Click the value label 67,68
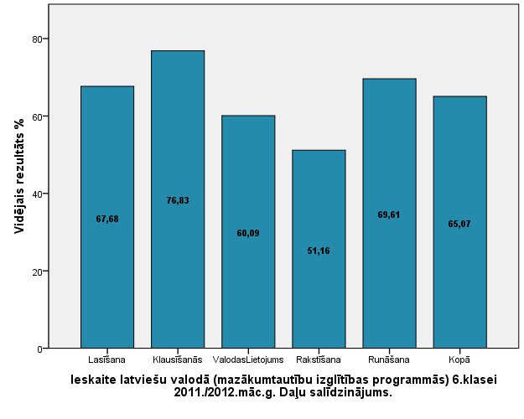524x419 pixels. pos(107,219)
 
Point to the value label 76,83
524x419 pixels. pos(178,200)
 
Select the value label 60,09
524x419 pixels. pos(248,233)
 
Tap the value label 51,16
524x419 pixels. pos(319,251)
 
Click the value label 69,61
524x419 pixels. pos(389,215)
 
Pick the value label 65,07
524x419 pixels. pos(459,224)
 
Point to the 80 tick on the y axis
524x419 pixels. pos(38,39)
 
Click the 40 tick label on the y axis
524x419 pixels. pos(38,194)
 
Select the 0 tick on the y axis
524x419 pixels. pos(40,349)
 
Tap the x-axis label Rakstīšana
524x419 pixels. pos(319,361)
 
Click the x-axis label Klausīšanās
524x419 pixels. pos(178,361)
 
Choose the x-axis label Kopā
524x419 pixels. pos(459,361)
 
